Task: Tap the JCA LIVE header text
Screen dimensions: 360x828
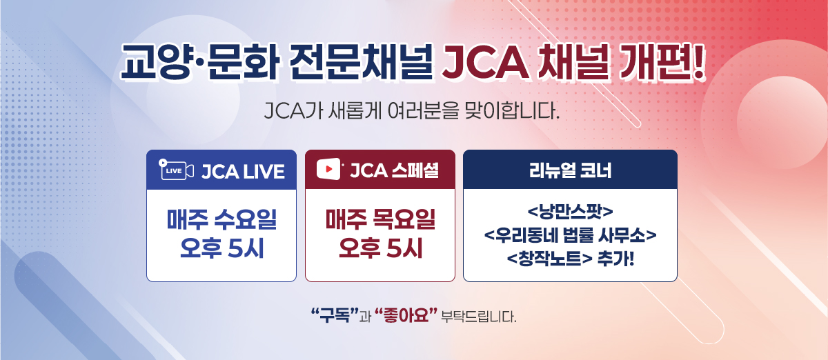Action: click(243, 171)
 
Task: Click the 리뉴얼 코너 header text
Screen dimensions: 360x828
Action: click(569, 170)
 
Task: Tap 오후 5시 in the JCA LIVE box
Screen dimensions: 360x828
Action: click(221, 249)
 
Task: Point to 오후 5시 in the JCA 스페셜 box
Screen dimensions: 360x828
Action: click(380, 249)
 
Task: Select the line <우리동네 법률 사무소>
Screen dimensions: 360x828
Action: click(569, 235)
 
